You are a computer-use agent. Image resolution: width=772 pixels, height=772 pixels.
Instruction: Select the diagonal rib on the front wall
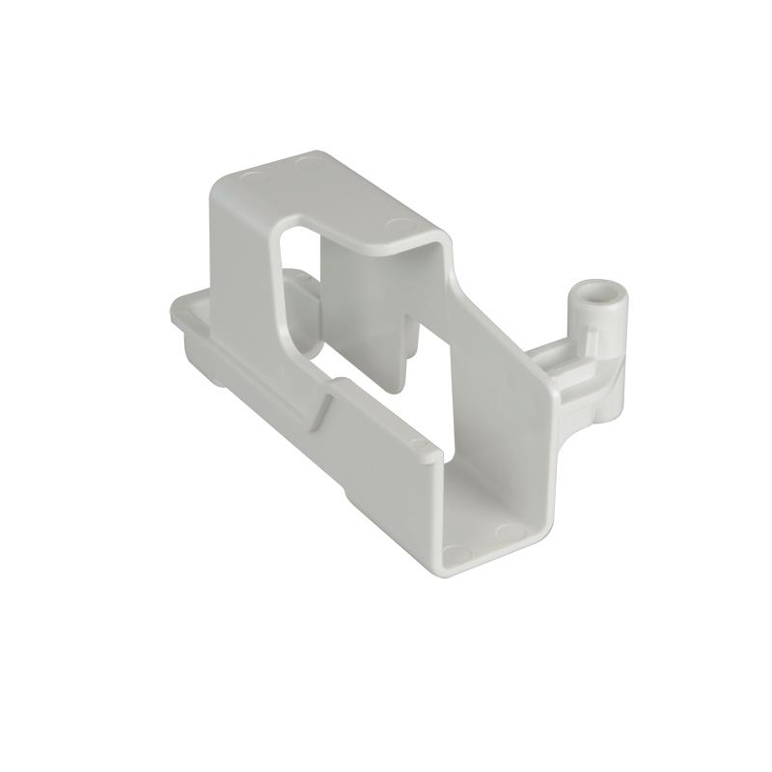(x=322, y=409)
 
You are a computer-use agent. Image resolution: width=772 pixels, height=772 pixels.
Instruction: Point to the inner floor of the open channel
(x=482, y=502)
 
